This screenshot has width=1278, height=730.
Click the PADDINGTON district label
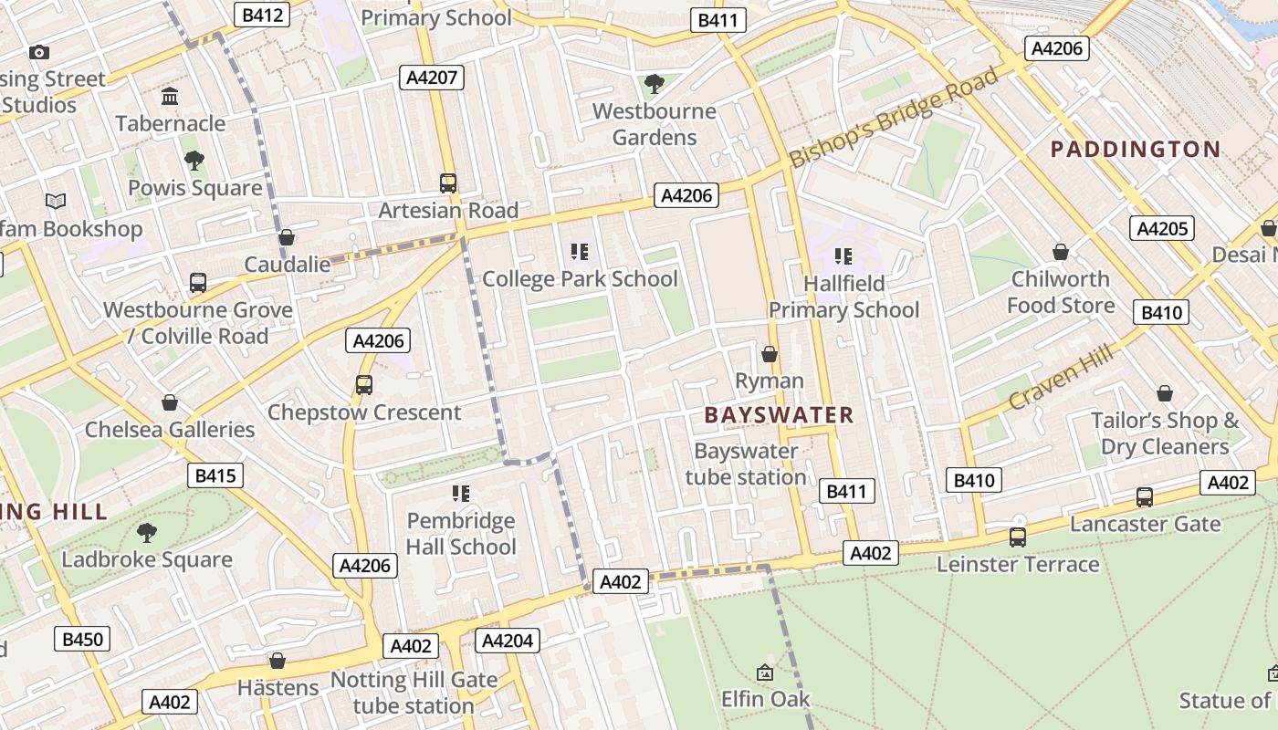click(x=1136, y=150)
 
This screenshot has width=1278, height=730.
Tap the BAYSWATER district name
click(x=779, y=415)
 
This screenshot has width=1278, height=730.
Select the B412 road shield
click(x=262, y=15)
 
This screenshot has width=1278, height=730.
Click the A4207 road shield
click(x=432, y=78)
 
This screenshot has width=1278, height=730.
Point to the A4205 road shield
click(x=1162, y=228)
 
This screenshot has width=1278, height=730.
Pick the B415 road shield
click(x=216, y=475)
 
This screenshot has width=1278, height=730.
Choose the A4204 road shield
click(x=507, y=641)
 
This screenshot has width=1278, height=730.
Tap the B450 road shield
click(x=82, y=639)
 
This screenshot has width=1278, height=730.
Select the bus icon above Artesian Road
click(x=447, y=183)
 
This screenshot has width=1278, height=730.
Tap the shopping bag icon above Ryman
click(x=770, y=354)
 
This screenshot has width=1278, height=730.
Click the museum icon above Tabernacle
click(x=170, y=97)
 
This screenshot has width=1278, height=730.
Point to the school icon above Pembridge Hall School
click(x=461, y=494)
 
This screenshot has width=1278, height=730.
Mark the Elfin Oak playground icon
click(x=765, y=673)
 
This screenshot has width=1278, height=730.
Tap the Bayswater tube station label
click(x=746, y=464)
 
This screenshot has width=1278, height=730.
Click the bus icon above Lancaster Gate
click(x=1144, y=497)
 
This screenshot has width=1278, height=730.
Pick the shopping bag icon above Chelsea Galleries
click(x=170, y=402)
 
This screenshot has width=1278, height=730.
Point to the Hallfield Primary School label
click(x=843, y=297)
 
